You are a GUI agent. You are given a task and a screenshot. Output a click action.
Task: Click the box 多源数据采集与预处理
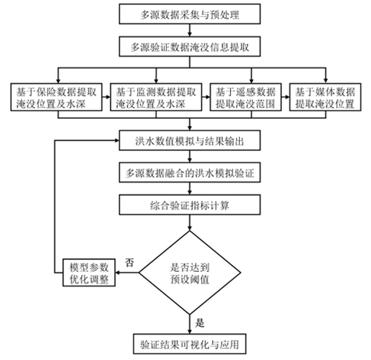tap(190, 14)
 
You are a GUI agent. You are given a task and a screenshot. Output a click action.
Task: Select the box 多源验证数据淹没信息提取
tap(190, 47)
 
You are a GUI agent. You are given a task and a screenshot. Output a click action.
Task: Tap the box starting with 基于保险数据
tap(56, 97)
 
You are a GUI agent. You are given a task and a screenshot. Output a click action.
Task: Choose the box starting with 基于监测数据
tap(156, 97)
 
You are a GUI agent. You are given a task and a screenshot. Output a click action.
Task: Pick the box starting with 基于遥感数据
tap(246, 97)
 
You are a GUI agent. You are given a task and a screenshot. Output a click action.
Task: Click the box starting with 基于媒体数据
tap(325, 97)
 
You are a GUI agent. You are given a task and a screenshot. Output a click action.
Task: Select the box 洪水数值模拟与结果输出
tap(190, 140)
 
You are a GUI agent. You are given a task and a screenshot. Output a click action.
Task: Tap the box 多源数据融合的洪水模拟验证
tap(190, 172)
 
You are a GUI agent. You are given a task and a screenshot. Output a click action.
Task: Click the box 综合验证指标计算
tap(190, 205)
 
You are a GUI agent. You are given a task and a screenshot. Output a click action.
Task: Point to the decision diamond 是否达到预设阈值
tap(190, 272)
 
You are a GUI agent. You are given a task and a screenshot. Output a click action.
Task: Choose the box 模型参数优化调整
tap(89, 272)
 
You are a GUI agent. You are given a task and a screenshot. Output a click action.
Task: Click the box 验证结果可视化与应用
tap(190, 344)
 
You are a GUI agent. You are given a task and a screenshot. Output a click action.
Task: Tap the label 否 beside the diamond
tap(130, 263)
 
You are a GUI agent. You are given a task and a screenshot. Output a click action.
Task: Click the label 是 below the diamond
tap(200, 323)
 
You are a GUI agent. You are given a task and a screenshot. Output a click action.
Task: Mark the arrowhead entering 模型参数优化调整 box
tap(118, 272)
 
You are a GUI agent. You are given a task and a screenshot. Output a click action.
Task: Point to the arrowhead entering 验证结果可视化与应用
tap(190, 332)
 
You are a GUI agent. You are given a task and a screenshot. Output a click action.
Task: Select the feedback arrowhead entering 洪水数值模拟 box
tap(116, 140)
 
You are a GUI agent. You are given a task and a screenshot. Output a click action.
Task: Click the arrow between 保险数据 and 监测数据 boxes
tap(106, 97)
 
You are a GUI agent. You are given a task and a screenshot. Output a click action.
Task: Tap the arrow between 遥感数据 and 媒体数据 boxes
tap(286, 97)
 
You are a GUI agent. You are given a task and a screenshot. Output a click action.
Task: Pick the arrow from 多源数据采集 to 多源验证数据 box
tap(190, 30)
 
